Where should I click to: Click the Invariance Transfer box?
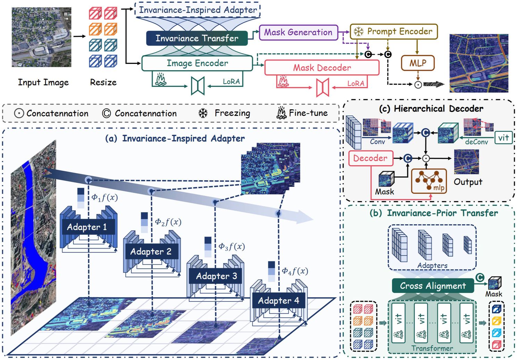(x=197, y=38)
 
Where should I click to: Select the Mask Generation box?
(x=298, y=32)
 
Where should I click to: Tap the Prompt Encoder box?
(x=394, y=32)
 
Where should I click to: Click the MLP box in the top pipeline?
(x=417, y=63)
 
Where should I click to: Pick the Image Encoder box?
(x=197, y=63)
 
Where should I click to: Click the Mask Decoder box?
(x=321, y=68)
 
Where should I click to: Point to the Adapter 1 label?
(x=87, y=227)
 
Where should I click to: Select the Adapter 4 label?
(x=278, y=301)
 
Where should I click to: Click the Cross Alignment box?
(x=433, y=286)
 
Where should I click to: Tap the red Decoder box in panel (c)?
(x=370, y=158)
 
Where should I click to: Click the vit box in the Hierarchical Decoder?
(x=503, y=138)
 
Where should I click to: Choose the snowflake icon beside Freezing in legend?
(x=203, y=113)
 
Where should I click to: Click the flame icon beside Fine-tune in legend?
(x=281, y=113)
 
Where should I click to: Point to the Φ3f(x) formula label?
(x=232, y=246)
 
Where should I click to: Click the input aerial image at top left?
(x=41, y=37)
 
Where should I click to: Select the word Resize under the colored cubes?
(x=103, y=82)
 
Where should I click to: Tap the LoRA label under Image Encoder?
(x=231, y=82)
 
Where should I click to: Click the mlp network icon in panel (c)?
(x=429, y=181)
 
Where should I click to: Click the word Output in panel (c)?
(x=468, y=182)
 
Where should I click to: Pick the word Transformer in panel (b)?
(x=432, y=348)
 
